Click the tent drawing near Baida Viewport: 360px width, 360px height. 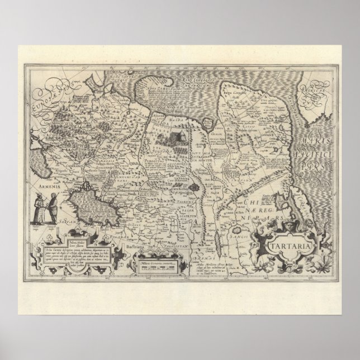pyautogui.click(x=170, y=136)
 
